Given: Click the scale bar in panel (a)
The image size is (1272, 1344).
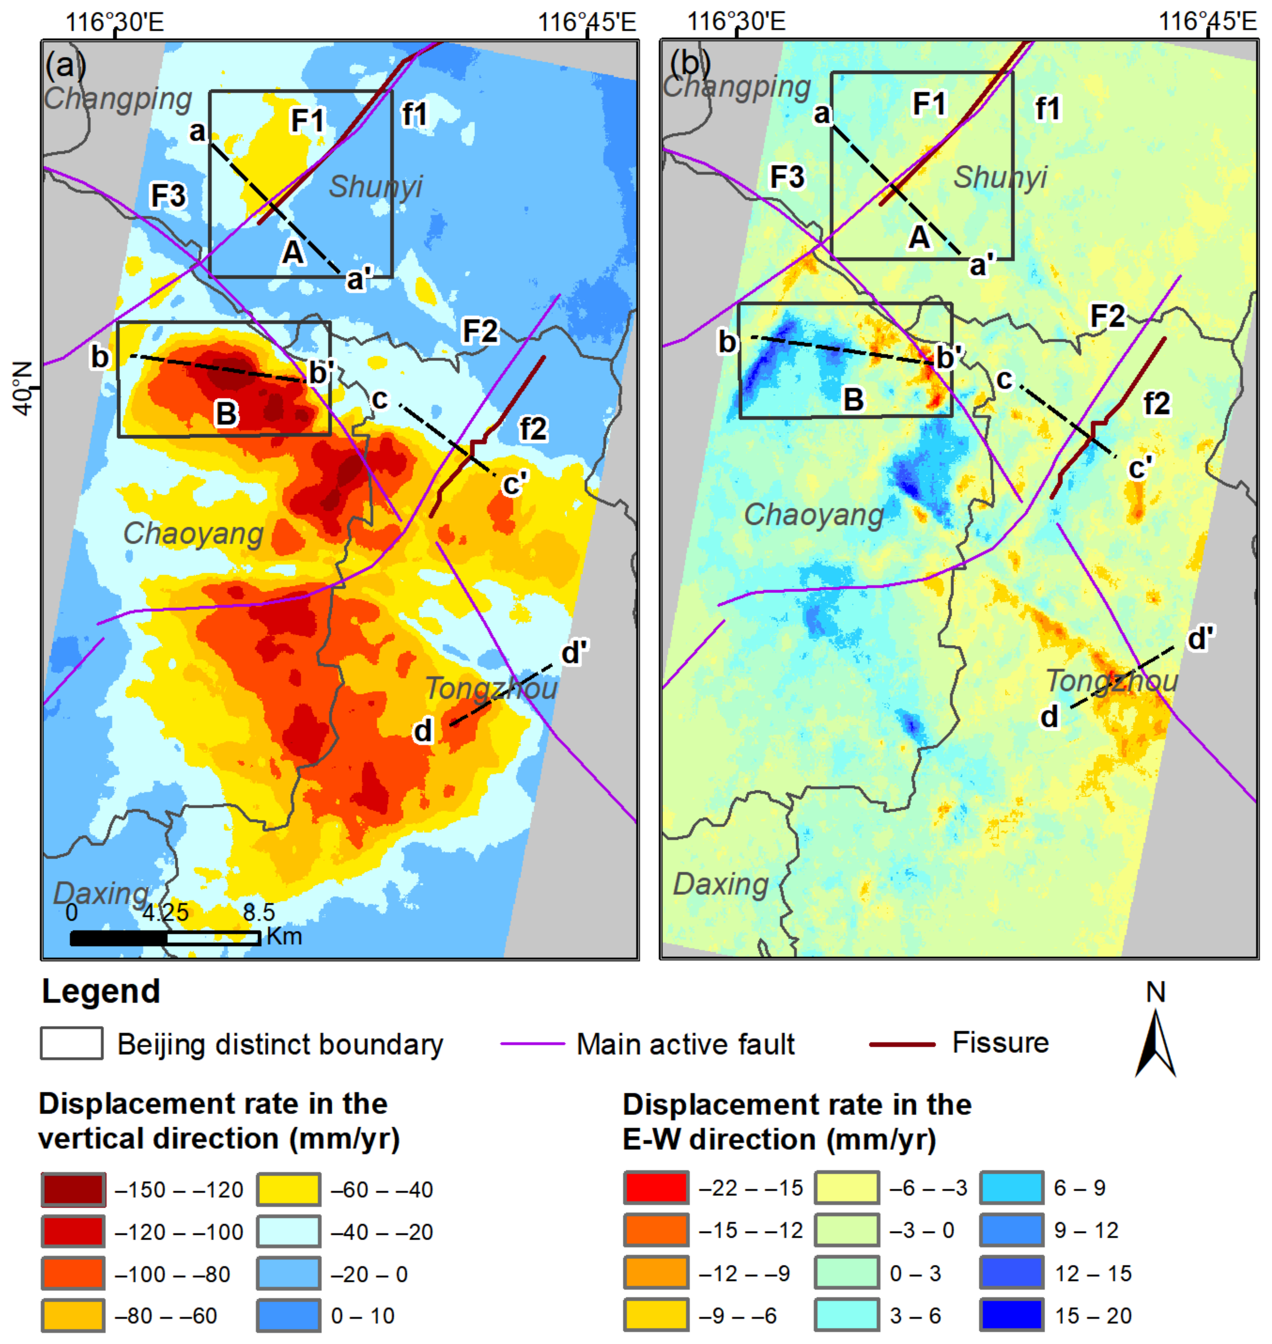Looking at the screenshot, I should [165, 938].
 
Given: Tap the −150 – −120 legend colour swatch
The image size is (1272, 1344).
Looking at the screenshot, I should [73, 1190].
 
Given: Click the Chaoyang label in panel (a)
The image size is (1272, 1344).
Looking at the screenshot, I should [193, 534].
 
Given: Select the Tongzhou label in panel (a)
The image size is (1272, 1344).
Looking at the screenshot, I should [491, 688].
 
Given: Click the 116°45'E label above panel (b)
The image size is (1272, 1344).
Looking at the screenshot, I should [1207, 21].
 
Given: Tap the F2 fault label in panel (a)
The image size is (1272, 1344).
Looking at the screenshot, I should [480, 331].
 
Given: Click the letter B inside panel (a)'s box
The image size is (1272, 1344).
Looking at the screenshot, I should [226, 413].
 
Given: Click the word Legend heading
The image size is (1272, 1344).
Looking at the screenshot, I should [101, 991].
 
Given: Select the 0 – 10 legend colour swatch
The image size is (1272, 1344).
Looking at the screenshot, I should [288, 1316].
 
